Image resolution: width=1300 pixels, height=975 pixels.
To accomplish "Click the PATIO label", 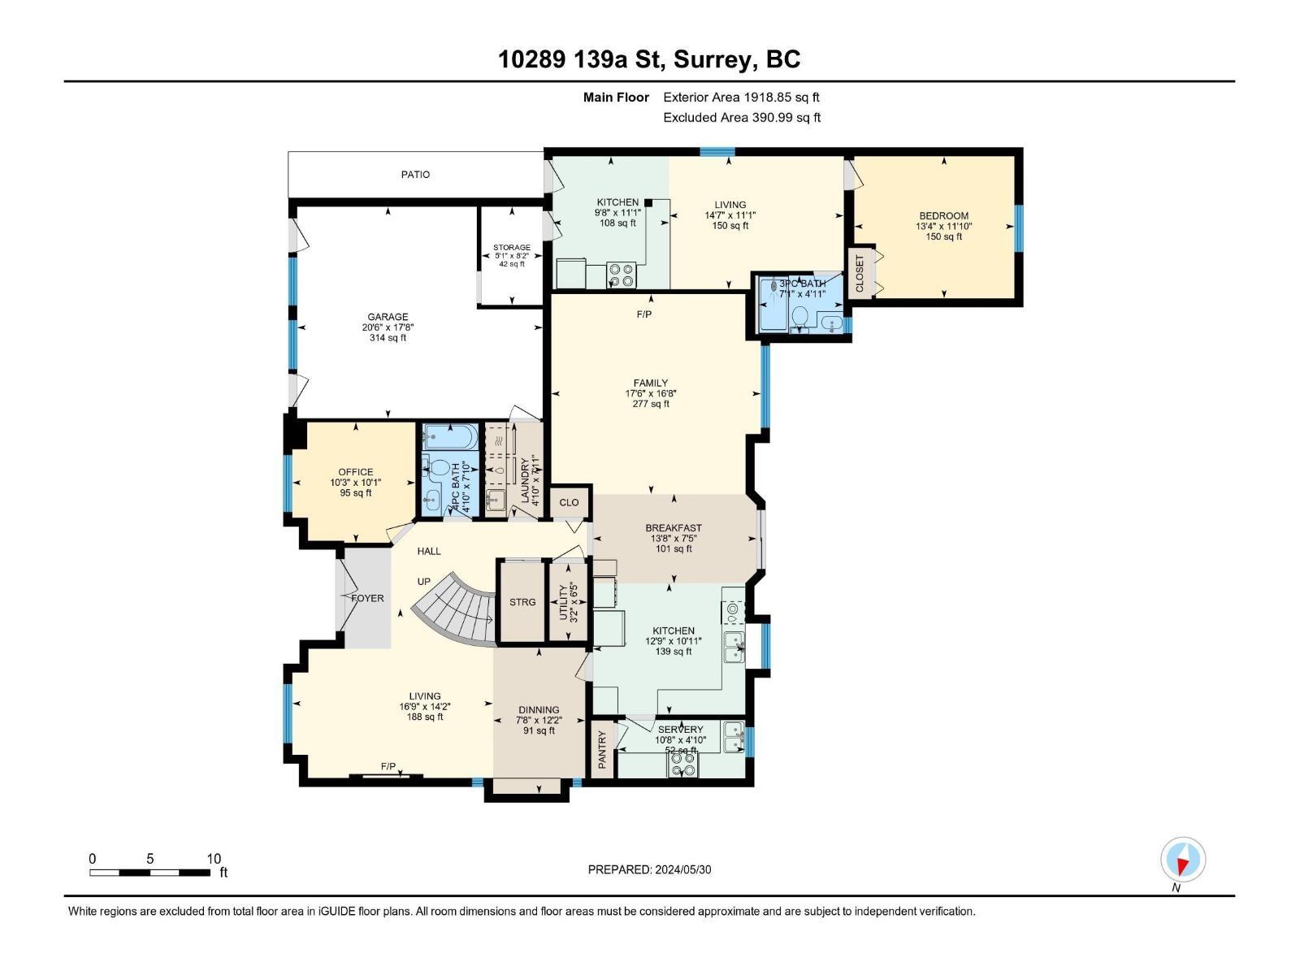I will click(x=415, y=175).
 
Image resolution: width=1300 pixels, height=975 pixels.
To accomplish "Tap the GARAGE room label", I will click(x=388, y=318).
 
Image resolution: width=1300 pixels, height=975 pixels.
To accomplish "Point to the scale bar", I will click(x=150, y=873).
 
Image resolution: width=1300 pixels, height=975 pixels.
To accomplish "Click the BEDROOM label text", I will click(x=943, y=216).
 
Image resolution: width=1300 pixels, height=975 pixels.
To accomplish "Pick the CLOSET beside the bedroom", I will click(x=860, y=273).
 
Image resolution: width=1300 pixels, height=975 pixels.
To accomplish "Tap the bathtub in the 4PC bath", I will click(x=449, y=436).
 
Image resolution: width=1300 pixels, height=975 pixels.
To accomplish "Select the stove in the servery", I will click(x=682, y=765).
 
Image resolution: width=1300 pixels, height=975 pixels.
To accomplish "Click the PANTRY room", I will click(x=602, y=749).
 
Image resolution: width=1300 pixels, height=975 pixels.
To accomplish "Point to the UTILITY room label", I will click(x=564, y=602).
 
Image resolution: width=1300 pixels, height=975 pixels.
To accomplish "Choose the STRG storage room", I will click(x=522, y=602).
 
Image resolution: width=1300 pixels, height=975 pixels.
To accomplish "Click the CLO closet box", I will click(x=569, y=502).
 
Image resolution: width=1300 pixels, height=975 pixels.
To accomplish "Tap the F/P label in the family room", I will click(x=644, y=314).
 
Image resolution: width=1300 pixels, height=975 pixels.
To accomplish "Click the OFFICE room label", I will click(x=355, y=472).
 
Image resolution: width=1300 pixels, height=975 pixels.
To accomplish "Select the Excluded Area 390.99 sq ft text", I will click(x=741, y=117).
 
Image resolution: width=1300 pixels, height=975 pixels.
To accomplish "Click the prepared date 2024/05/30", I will click(x=649, y=869).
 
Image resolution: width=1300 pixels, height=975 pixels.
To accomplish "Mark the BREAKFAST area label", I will click(x=674, y=528).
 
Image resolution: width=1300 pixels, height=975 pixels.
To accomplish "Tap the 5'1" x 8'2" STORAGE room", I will click(x=511, y=254).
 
